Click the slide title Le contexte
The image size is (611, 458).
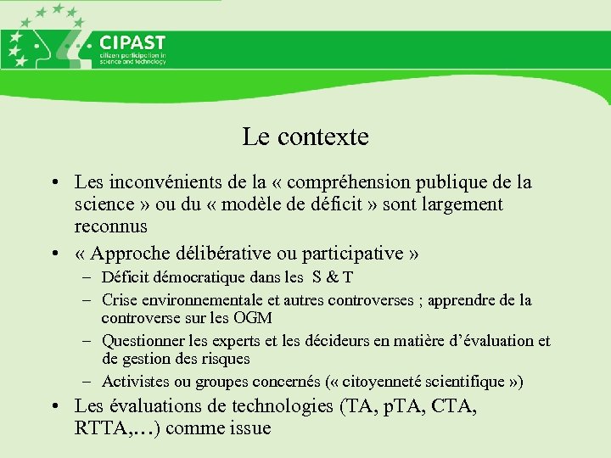tap(305, 137)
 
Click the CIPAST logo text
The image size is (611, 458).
tap(132, 43)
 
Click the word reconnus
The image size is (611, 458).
tap(111, 226)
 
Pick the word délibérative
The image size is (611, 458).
tap(222, 254)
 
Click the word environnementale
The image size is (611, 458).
tap(205, 299)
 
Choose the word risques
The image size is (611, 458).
tap(227, 359)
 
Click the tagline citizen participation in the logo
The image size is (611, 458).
tap(132, 56)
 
